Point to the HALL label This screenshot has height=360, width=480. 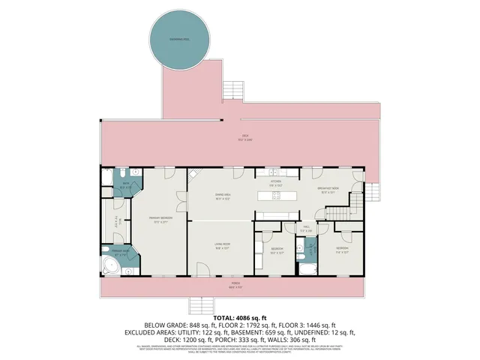pyautogui.click(x=307, y=228)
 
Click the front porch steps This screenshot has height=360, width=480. pyautogui.click(x=200, y=305)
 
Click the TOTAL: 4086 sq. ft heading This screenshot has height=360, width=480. pyautogui.click(x=240, y=317)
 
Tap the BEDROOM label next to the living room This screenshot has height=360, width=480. pyautogui.click(x=277, y=250)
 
